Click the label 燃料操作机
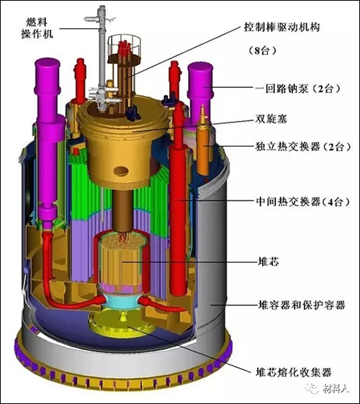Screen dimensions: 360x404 37,28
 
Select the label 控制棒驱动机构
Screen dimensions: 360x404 282,27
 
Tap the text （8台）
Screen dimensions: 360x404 262,50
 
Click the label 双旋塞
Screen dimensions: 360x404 271,119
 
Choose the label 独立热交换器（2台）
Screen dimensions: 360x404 303,147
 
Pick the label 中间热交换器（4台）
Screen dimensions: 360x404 303,202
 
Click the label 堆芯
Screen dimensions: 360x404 269,261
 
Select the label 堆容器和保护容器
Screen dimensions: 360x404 302,305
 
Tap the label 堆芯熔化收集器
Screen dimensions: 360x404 293,372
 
